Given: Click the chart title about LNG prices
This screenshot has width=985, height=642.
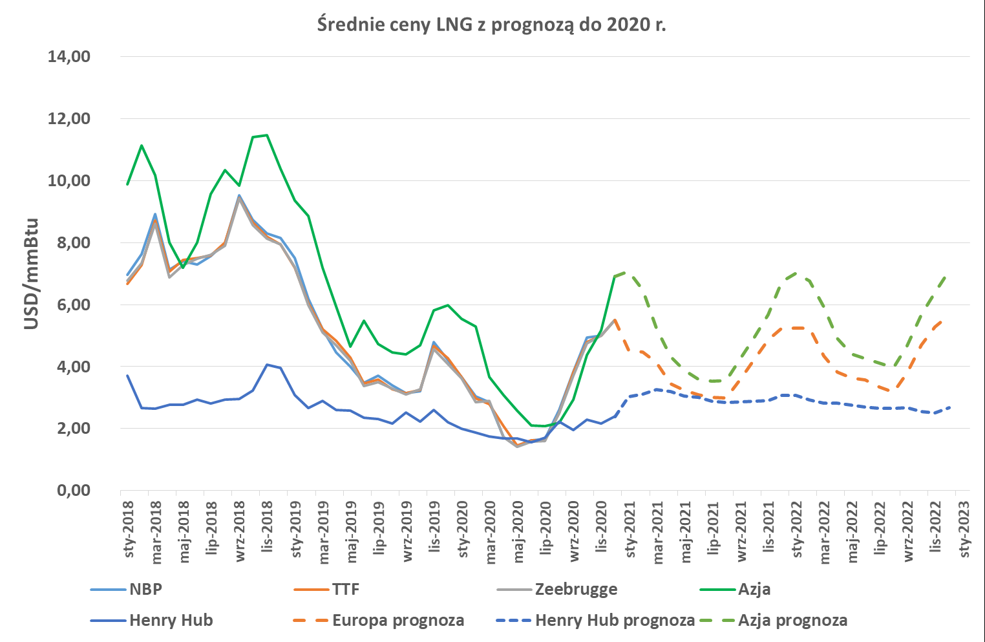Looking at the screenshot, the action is [492, 25].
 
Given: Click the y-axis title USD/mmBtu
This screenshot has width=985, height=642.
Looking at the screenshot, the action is [32, 273].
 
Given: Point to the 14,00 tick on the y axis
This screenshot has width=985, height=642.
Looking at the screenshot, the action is [69, 57].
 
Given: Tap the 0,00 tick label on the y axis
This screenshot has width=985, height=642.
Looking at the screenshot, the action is [74, 490].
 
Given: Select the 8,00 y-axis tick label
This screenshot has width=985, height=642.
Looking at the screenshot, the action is [74, 242].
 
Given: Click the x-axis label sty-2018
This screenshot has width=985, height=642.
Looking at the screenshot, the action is [129, 530].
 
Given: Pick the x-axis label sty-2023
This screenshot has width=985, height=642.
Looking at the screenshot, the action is [964, 530].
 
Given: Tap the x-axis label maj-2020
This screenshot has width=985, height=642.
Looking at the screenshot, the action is [518, 532].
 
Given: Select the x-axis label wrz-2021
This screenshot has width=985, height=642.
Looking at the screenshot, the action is [741, 531].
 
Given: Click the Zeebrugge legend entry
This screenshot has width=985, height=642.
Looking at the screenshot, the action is [557, 589].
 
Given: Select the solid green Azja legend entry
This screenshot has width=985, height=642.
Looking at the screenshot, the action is [736, 589].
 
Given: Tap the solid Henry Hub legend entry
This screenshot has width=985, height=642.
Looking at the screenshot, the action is [152, 621].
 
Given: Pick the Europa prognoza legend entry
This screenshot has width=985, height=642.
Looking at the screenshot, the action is [379, 621].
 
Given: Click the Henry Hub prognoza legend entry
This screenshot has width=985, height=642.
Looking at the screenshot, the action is [595, 621].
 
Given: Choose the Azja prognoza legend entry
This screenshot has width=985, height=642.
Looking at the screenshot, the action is [774, 621].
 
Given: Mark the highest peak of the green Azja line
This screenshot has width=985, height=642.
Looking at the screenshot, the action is [267, 135].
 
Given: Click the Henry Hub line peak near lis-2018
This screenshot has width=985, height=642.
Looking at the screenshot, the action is [267, 365].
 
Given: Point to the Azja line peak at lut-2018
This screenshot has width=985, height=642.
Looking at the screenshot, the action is [142, 145].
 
